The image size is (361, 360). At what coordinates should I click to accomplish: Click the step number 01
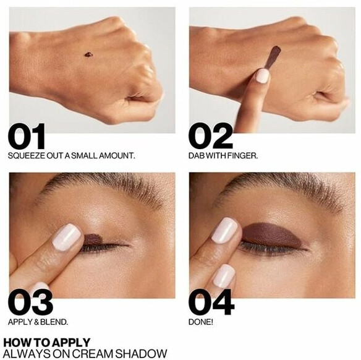pyautogui.click(x=27, y=136)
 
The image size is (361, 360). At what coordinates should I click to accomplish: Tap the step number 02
pyautogui.click(x=211, y=136)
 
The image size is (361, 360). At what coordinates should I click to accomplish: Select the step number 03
pyautogui.click(x=30, y=302)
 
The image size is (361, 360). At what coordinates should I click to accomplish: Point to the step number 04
pyautogui.click(x=211, y=302)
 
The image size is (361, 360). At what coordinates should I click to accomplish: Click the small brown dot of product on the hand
pyautogui.click(x=88, y=54)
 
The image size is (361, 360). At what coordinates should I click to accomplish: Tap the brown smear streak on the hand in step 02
pyautogui.click(x=273, y=57)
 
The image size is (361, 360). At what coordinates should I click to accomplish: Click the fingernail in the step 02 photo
pyautogui.click(x=262, y=75)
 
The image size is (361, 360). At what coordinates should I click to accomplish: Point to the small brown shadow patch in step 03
pyautogui.click(x=92, y=239)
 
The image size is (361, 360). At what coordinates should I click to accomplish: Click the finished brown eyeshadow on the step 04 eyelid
pyautogui.click(x=273, y=234)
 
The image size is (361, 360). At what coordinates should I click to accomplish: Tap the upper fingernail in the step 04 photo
pyautogui.click(x=224, y=231)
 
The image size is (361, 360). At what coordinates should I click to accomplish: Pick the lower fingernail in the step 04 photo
pyautogui.click(x=224, y=276)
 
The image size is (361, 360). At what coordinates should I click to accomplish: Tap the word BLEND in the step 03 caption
pyautogui.click(x=54, y=322)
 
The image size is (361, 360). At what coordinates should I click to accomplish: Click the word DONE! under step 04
pyautogui.click(x=201, y=322)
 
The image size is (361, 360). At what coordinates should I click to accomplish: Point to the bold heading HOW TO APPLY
pyautogui.click(x=47, y=343)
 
